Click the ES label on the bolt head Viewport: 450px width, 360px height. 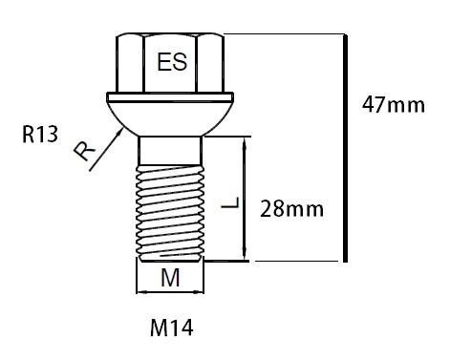pyautogui.click(x=172, y=63)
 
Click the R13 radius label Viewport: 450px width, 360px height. pyautogui.click(x=41, y=136)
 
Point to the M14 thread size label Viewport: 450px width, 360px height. pyautogui.click(x=172, y=329)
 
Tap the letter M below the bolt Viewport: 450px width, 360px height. pyautogui.click(x=171, y=280)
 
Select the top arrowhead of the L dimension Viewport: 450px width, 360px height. pyautogui.click(x=248, y=142)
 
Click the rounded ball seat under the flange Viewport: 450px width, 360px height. pyautogui.click(x=171, y=119)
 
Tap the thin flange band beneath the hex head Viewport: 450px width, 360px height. pyautogui.click(x=171, y=98)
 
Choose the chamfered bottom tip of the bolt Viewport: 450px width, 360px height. pyautogui.click(x=171, y=256)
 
